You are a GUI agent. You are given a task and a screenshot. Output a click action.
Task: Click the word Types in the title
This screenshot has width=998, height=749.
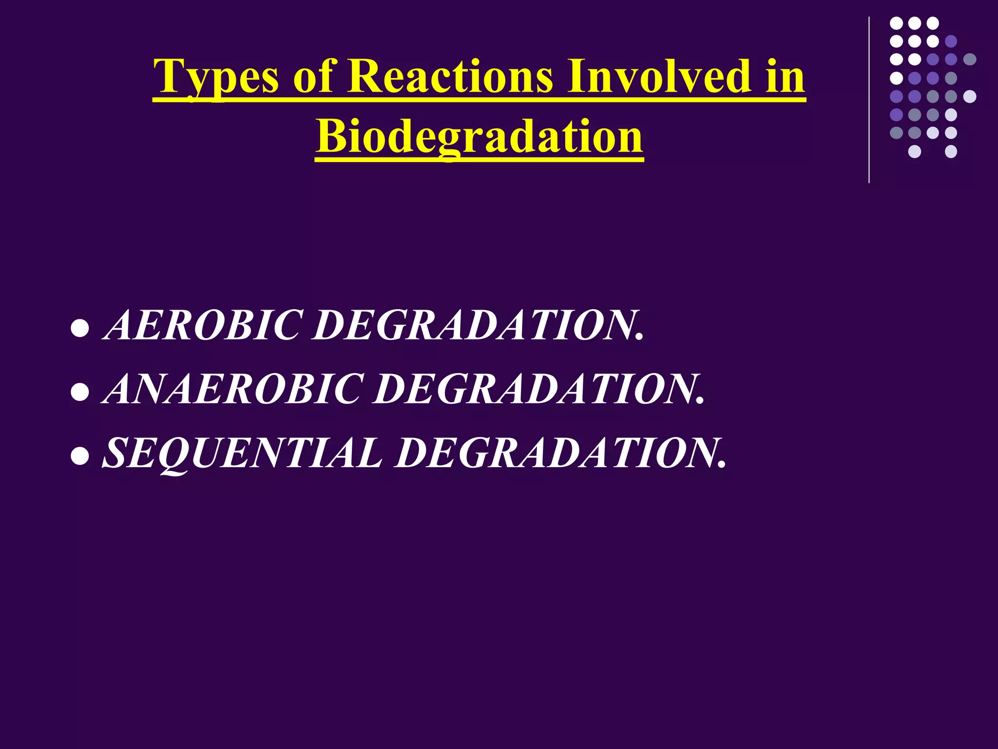tap(216, 77)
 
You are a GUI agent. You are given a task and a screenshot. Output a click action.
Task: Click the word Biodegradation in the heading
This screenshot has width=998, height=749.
tap(479, 137)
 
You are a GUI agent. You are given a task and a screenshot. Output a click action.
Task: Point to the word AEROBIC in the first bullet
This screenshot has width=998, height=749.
tap(203, 325)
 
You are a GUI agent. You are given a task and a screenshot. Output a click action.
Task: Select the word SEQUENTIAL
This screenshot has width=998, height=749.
tap(242, 453)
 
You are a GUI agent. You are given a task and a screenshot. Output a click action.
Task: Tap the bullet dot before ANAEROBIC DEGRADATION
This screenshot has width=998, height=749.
tap(79, 393)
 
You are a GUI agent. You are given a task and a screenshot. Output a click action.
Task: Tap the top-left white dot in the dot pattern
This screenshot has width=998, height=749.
tap(896, 23)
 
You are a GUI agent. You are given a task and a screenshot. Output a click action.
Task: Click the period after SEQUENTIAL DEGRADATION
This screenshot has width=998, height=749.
tap(722, 466)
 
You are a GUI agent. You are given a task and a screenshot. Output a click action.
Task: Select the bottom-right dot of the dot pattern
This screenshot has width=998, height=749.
tap(951, 152)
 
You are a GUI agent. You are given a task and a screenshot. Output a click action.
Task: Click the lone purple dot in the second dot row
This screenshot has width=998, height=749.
tap(951, 41)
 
